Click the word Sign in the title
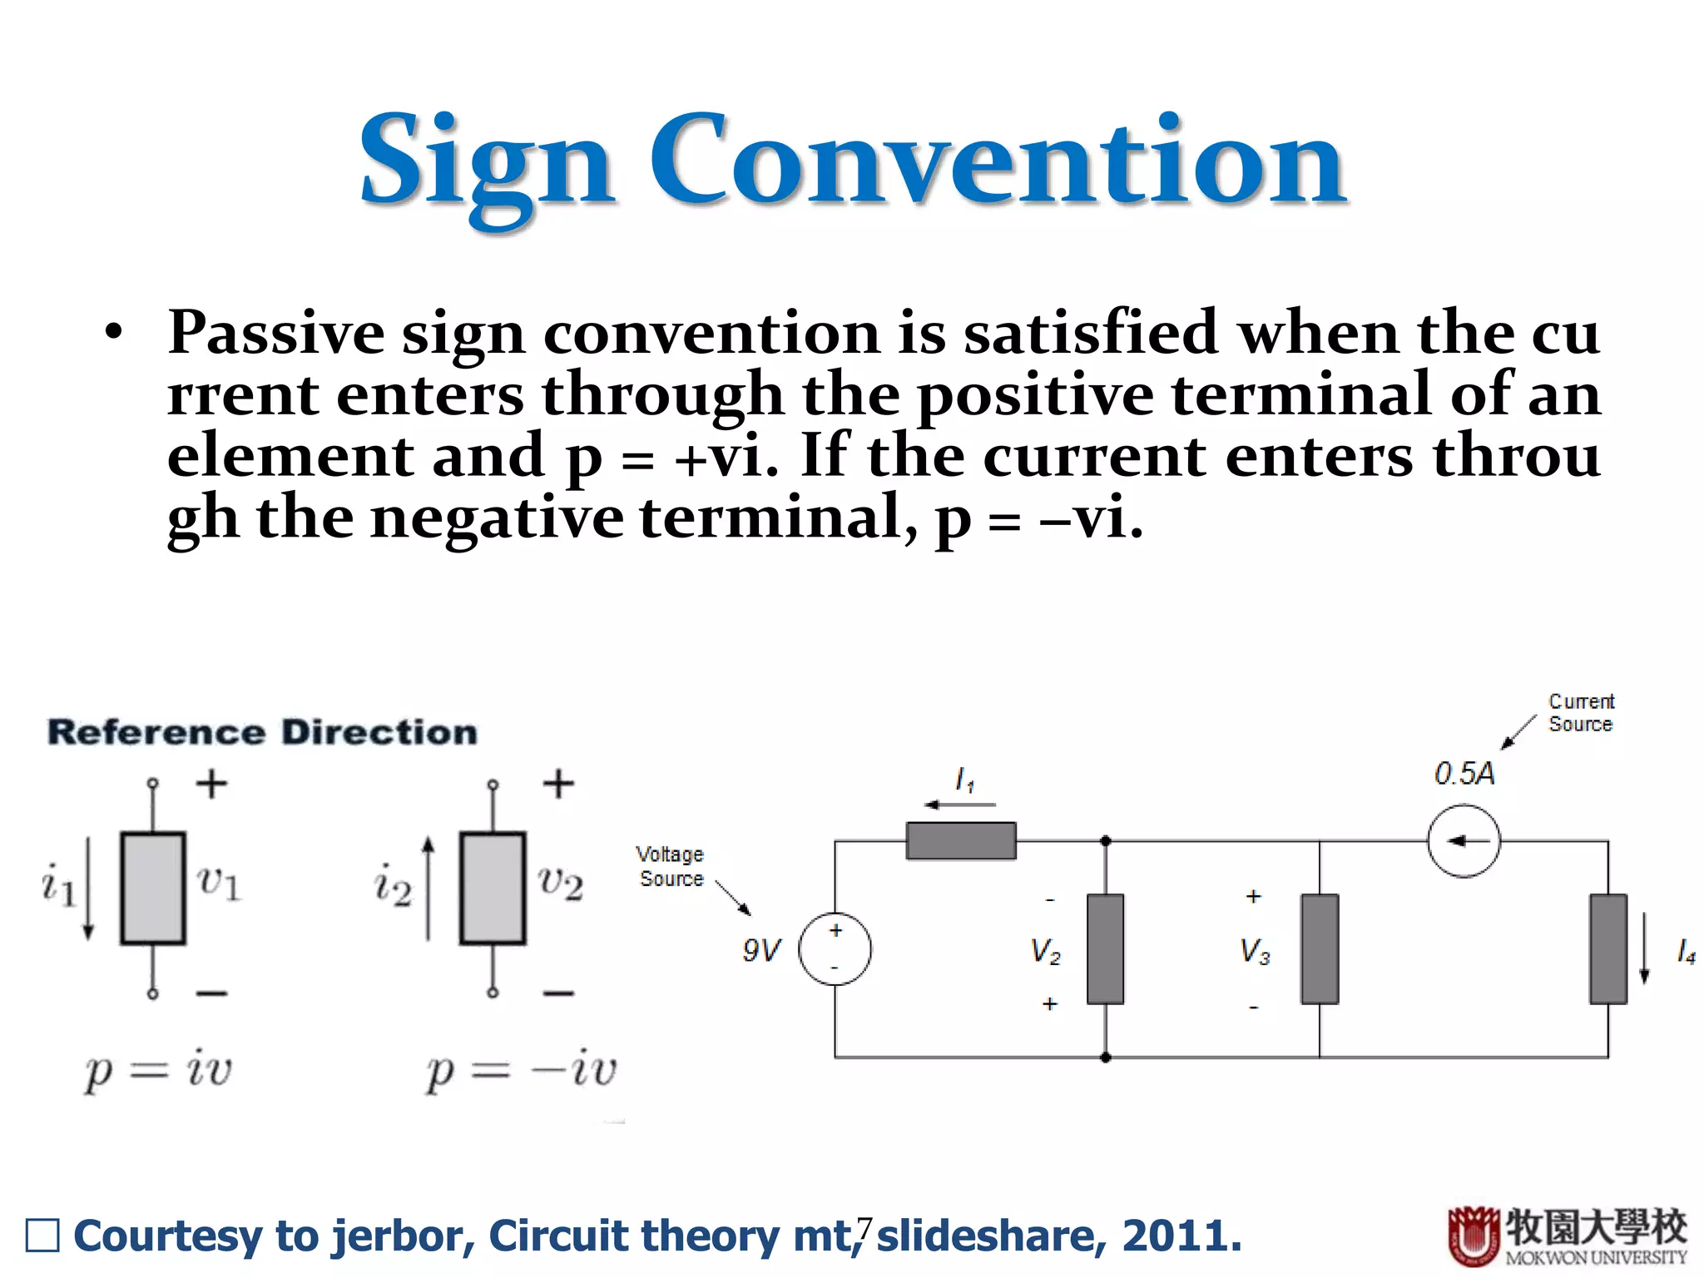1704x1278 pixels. tap(487, 162)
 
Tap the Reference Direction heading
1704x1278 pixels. tap(263, 732)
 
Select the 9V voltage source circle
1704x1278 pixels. tap(835, 949)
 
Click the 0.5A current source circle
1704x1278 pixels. tap(1464, 840)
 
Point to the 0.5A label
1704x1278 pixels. tap(1464, 774)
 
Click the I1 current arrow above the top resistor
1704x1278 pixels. tap(961, 805)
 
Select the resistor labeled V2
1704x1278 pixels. tap(1105, 949)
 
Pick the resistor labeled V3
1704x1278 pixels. tap(1320, 949)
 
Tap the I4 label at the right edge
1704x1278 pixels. tap(1686, 951)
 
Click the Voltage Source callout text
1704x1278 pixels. tap(671, 866)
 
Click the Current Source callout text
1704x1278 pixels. tap(1580, 713)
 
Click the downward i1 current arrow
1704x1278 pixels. tap(88, 889)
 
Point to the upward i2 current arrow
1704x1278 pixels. tap(428, 889)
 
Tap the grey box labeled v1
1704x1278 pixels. tap(153, 888)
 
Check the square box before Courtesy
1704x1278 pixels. tap(42, 1236)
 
